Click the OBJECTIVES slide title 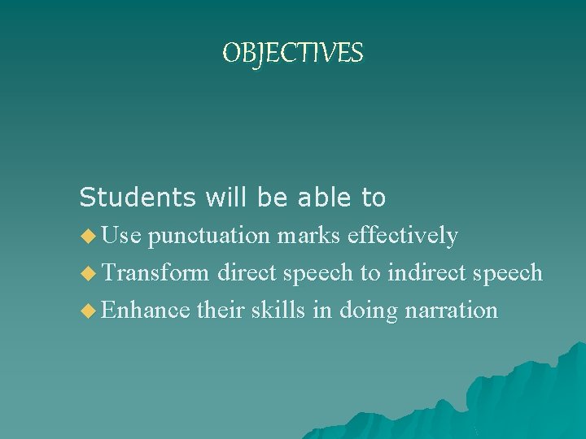[293, 54]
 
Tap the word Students [138, 197]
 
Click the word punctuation [210, 237]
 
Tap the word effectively [402, 236]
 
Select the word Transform [156, 272]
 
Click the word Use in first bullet [122, 236]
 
